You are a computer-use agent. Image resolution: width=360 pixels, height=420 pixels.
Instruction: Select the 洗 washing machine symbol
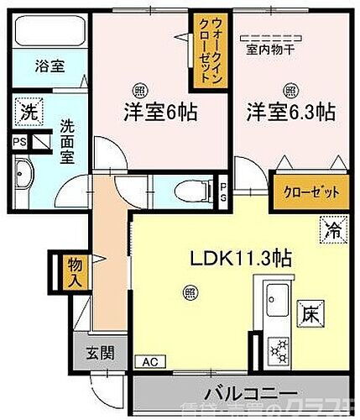tap(28, 111)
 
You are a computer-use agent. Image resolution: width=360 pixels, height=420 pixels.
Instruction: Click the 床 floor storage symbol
tap(310, 314)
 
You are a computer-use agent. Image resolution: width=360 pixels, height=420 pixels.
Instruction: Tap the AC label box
tap(149, 362)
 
